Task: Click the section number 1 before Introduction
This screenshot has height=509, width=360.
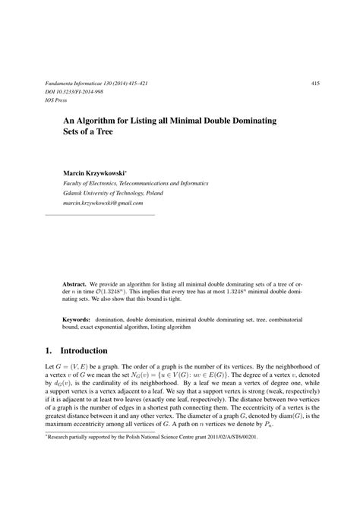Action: click(38, 351)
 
